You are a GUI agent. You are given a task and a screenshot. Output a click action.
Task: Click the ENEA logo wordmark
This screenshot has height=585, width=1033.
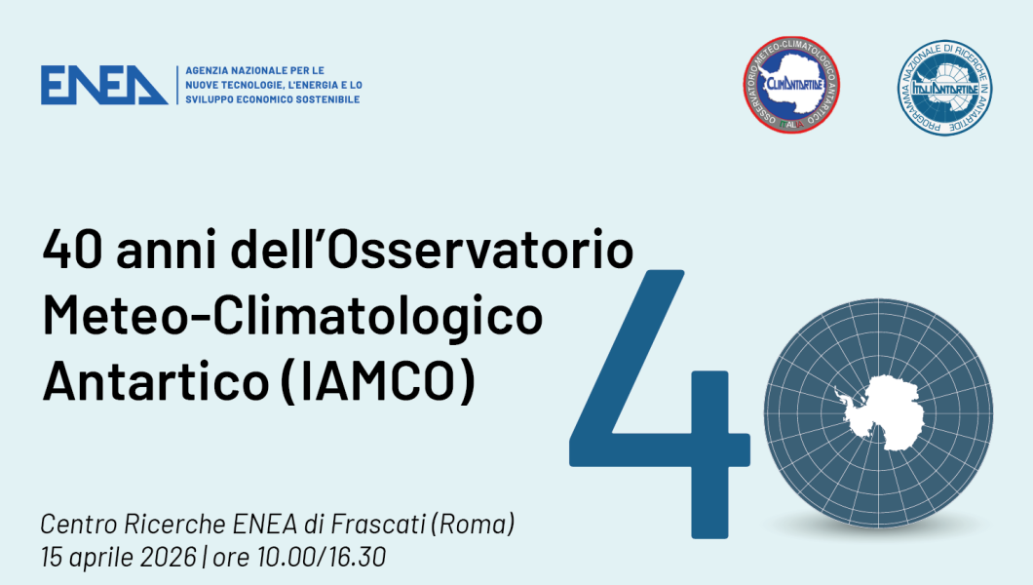103,85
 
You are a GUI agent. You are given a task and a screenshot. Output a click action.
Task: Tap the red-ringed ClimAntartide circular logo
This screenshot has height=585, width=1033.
791,87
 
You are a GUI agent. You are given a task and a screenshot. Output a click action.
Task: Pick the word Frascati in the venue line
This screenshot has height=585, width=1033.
378,525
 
